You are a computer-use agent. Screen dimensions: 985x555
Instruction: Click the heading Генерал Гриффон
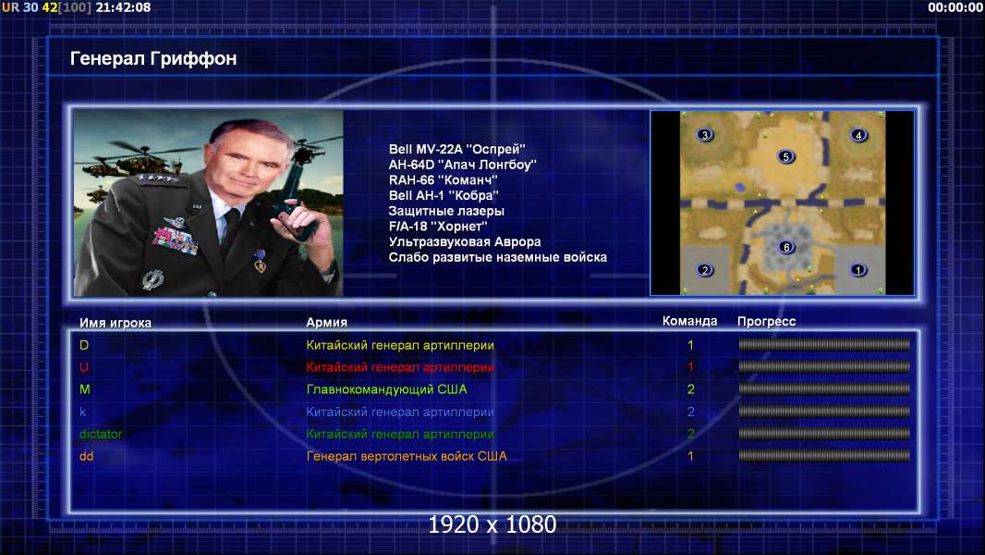coord(153,58)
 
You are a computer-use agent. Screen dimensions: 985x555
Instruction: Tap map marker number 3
coord(705,135)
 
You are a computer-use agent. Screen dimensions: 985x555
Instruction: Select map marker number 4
coord(858,135)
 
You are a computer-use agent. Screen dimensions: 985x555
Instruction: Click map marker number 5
coord(785,156)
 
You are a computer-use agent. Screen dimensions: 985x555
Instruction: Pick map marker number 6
coord(785,247)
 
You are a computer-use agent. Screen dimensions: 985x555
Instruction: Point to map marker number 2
coord(705,270)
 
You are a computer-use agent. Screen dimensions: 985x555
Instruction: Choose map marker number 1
coord(858,270)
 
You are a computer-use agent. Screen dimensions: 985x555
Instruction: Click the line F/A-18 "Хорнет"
coord(438,227)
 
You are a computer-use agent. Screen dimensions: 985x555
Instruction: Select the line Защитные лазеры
coord(446,211)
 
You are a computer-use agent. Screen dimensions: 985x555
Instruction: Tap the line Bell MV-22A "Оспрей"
coord(456,150)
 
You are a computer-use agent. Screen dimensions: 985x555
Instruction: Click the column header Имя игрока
coord(115,323)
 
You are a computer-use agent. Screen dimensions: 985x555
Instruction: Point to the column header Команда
coord(689,321)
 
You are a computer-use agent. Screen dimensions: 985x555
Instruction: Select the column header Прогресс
coord(766,322)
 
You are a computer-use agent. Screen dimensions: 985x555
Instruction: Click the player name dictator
coord(101,435)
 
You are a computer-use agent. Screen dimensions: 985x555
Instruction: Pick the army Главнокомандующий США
coord(387,389)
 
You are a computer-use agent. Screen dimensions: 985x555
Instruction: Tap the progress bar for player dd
coord(824,456)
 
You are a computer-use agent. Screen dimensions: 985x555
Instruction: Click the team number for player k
coord(690,413)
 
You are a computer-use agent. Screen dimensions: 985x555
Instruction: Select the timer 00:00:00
coord(955,7)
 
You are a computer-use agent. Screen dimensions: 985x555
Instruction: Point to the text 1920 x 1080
coord(492,524)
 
